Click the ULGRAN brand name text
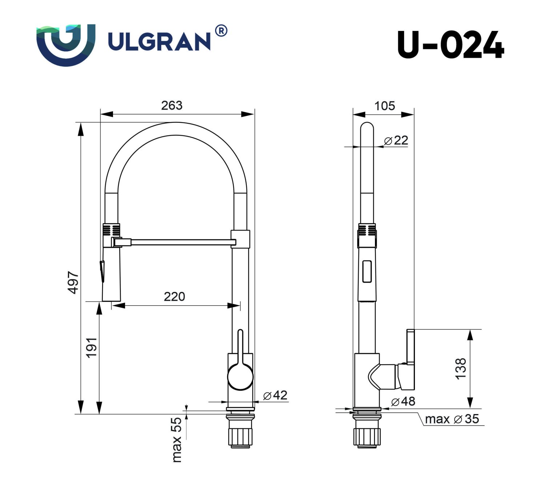tap(159, 41)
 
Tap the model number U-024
tap(450, 45)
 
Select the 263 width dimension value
tap(171, 105)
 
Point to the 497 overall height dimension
tap(73, 282)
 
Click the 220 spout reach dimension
tap(174, 297)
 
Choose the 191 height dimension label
tap(92, 347)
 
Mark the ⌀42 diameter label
tap(275, 395)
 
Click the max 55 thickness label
tap(176, 440)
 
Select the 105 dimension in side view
tap(384, 106)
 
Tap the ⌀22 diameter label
tap(396, 140)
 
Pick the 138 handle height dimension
tap(461, 369)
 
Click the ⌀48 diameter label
tap(403, 401)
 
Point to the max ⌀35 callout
tap(452, 419)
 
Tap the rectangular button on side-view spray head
tap(367, 271)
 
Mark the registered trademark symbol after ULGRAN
tap(221, 31)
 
